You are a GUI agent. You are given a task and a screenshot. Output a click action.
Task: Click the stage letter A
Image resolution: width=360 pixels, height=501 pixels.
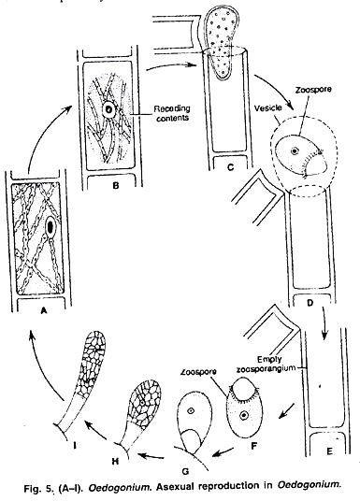44,309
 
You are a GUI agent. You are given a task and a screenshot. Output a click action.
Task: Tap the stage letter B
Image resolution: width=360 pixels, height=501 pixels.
116,185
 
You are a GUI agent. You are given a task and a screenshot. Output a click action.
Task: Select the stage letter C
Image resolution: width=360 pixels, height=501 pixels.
231,167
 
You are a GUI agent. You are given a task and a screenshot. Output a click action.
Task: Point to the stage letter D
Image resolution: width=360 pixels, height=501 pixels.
310,302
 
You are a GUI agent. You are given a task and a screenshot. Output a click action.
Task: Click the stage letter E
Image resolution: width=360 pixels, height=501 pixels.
330,451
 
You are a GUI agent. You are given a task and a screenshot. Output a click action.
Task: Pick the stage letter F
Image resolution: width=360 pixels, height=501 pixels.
254,446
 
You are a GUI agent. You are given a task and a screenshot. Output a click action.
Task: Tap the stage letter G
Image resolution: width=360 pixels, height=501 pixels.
185,471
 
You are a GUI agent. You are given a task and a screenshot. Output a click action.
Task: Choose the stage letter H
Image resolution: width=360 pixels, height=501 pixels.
115,461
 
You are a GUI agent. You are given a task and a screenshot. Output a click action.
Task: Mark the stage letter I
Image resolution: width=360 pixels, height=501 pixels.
75,445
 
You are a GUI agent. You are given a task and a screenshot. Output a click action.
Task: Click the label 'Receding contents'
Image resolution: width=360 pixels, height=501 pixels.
172,113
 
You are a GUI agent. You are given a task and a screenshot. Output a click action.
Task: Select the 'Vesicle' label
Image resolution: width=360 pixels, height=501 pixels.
268,107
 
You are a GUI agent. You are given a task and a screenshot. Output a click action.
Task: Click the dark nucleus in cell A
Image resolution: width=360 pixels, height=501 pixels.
50,227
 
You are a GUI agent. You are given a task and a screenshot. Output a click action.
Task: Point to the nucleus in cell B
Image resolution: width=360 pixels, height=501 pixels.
109,110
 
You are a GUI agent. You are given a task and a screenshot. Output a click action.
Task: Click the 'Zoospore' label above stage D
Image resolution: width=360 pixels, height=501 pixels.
313,89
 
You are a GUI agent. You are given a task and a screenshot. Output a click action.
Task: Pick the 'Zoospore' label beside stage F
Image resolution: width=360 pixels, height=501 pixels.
198,372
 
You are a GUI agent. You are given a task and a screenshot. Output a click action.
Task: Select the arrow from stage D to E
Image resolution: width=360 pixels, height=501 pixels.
324,323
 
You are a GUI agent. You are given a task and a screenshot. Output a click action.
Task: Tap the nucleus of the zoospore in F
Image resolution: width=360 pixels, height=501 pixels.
244,415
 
